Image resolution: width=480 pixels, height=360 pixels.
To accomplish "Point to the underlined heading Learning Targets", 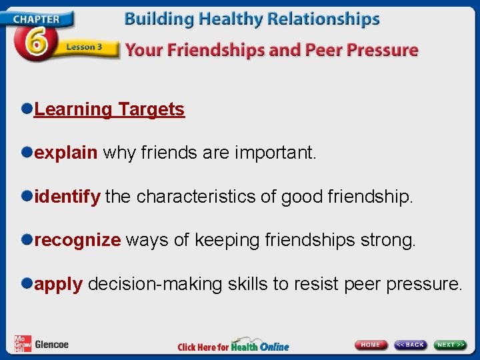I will click(109, 109).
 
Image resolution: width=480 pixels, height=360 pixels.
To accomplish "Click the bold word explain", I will click(65, 153).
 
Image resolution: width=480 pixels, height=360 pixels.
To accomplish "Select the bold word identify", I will click(67, 197).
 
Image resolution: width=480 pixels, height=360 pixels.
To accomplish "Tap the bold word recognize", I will click(77, 240).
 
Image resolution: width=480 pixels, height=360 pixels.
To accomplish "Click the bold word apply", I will click(58, 285).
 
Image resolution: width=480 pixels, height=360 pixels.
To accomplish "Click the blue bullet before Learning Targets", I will click(26, 109).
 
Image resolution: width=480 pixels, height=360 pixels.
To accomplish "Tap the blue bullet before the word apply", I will click(26, 283).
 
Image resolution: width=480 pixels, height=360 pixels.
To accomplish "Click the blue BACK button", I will click(410, 345).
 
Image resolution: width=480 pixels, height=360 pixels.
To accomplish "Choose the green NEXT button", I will click(451, 345).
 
